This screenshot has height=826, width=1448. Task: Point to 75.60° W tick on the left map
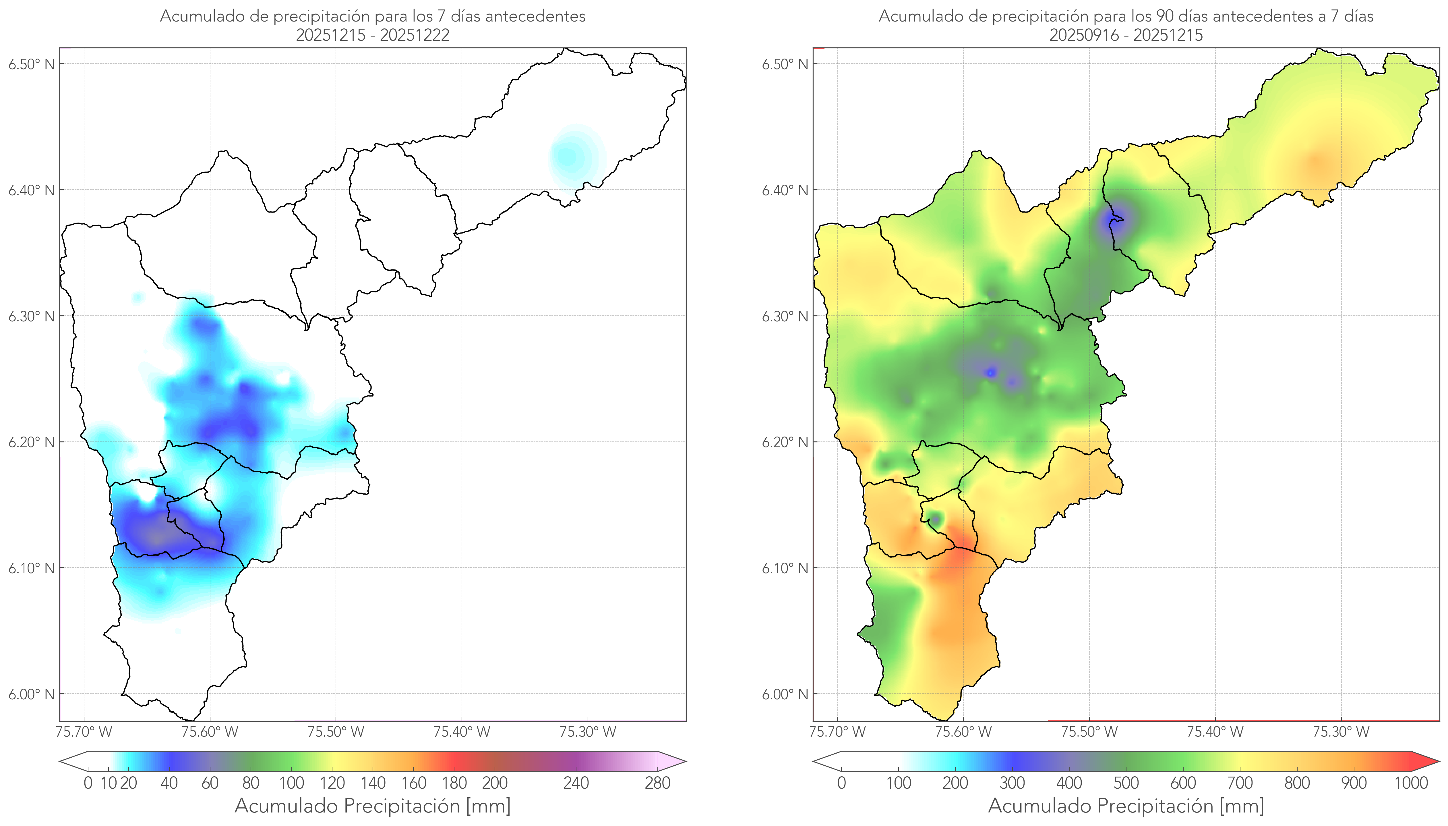point(210,732)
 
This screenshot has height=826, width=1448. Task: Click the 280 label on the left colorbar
point(658,783)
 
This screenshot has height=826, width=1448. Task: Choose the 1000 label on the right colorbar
point(1411,783)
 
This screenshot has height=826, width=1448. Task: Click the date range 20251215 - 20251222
point(373,35)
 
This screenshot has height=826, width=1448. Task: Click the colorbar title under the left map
point(373,806)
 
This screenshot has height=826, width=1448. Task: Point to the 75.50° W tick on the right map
point(1089,732)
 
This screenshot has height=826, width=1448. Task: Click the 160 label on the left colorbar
point(414,783)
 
